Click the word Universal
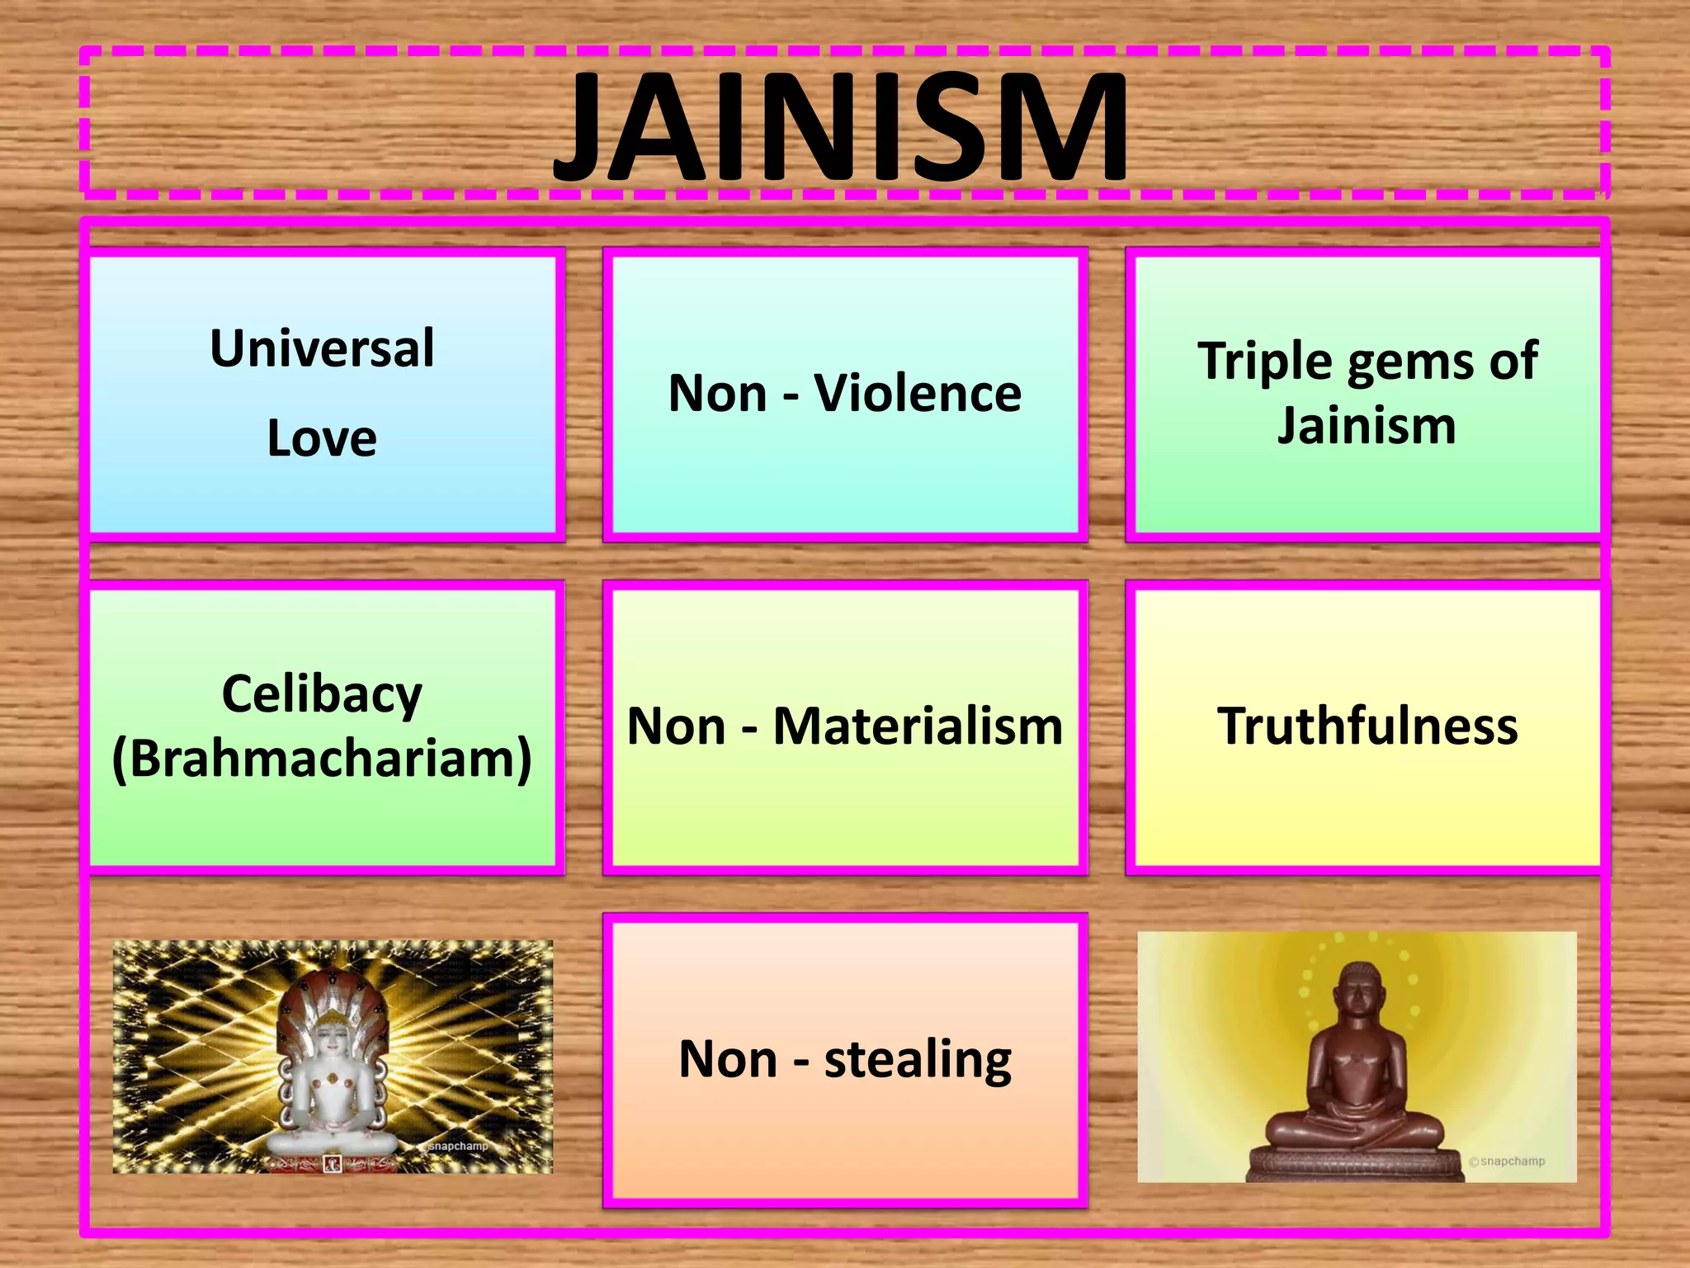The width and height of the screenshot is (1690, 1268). pyautogui.click(x=322, y=348)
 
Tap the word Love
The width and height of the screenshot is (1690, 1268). pyautogui.click(x=322, y=438)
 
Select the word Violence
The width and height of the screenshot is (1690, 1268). pyautogui.click(x=918, y=393)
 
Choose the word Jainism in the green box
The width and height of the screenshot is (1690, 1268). pyautogui.click(x=1367, y=426)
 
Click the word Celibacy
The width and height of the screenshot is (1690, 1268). pyautogui.click(x=322, y=693)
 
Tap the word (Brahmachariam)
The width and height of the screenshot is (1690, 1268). pyautogui.click(x=322, y=758)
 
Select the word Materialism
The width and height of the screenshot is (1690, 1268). pyautogui.click(x=918, y=726)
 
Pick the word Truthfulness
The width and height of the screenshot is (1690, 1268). pyautogui.click(x=1367, y=726)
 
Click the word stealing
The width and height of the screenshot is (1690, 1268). pyautogui.click(x=918, y=1059)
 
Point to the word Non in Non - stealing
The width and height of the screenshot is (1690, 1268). pyautogui.click(x=728, y=1059)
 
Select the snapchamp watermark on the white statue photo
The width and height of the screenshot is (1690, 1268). pyautogui.click(x=458, y=1146)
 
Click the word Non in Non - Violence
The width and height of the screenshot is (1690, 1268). pyautogui.click(x=718, y=393)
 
